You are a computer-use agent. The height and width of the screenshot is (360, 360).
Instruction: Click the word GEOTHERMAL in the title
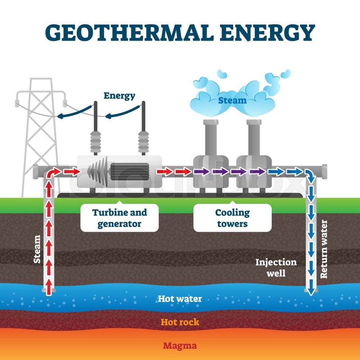[129, 32]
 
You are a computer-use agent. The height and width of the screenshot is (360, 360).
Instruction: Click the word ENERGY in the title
[267, 32]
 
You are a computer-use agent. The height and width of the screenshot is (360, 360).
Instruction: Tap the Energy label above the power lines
[119, 96]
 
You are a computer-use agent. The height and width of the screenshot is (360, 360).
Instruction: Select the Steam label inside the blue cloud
[232, 100]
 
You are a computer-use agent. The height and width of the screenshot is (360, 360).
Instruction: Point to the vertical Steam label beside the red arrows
[37, 249]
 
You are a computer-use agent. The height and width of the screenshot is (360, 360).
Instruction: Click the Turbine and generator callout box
[119, 218]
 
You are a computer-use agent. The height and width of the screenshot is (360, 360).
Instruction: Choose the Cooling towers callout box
[232, 218]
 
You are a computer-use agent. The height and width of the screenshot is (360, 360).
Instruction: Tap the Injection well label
[276, 268]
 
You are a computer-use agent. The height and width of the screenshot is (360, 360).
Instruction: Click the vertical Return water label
[324, 249]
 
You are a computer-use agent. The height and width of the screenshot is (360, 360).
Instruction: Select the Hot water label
[180, 299]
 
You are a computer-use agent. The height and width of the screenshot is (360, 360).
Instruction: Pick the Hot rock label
[180, 322]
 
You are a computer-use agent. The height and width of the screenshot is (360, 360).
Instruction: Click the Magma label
[180, 346]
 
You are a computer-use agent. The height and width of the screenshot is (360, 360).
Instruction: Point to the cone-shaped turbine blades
[97, 171]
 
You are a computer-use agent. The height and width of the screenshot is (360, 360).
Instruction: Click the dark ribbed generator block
[130, 171]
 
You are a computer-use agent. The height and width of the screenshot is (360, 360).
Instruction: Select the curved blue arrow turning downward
[310, 175]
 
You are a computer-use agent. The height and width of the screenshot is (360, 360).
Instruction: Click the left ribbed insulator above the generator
[95, 142]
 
